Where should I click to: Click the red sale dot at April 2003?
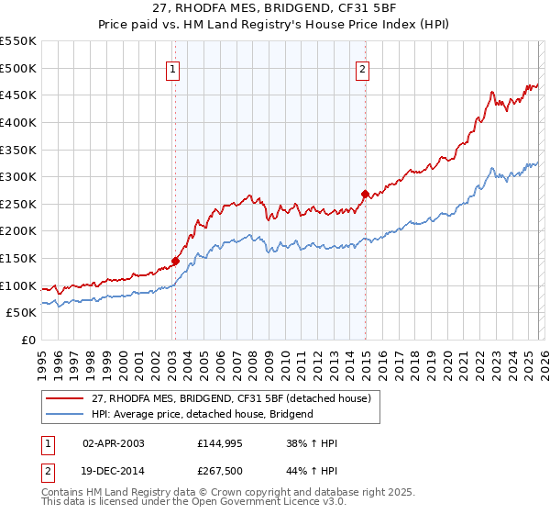[175, 261]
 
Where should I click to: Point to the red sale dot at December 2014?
[365, 194]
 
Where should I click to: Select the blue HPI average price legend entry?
[203, 414]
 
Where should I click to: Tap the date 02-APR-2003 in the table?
[113, 443]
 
